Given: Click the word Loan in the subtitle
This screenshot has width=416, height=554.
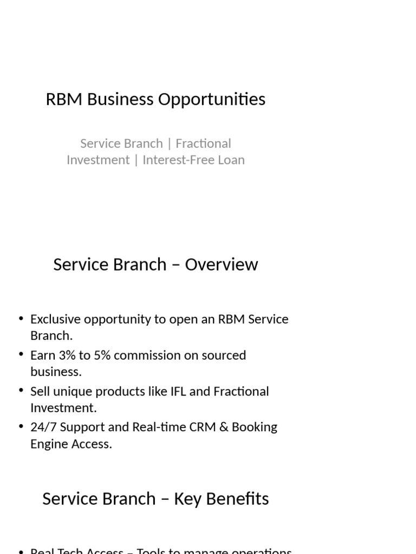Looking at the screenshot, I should pos(232,160).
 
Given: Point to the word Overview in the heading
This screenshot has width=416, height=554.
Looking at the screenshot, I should pos(222,265).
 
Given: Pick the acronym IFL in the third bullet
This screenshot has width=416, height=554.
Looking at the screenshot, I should pos(176,391).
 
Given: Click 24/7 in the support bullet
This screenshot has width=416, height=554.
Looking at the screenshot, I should pos(43,427).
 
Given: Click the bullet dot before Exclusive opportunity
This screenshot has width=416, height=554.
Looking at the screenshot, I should pos(21,319).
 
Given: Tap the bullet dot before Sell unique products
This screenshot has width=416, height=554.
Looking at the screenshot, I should pos(21,391).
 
